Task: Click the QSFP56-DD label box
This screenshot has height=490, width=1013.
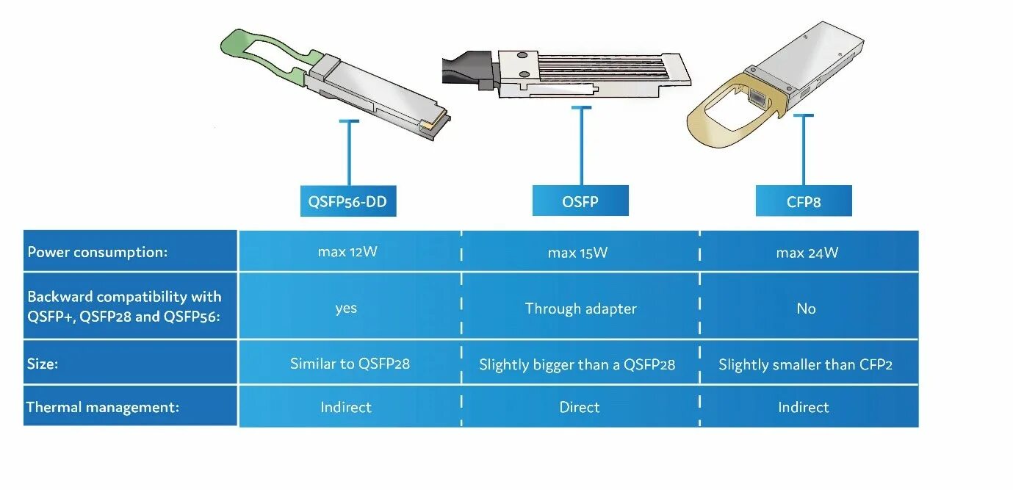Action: pos(348,201)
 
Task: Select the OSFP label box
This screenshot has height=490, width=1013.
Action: pos(580,201)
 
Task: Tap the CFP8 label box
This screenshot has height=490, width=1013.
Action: pos(804,201)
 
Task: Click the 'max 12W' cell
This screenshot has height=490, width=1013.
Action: pos(347,252)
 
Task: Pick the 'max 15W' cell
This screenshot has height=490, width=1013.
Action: pos(578,253)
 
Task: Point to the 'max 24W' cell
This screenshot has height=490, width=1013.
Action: pos(807,253)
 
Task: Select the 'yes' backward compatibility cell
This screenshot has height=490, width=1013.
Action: pos(346,308)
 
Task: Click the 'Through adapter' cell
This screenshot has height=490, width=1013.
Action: pos(580,309)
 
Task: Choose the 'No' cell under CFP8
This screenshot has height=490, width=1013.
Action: pos(806,309)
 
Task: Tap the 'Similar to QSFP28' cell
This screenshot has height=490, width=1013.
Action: pos(350,364)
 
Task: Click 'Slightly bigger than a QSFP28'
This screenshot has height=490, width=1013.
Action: pos(577,364)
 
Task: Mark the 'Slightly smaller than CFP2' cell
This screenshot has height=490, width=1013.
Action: pos(805,364)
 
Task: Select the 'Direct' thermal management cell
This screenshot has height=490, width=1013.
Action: pos(579,407)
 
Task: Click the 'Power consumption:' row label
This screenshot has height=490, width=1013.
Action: pos(98,252)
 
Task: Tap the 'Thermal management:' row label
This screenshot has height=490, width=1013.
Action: pos(103,407)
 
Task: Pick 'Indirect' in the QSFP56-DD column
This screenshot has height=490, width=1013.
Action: pos(346,407)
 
